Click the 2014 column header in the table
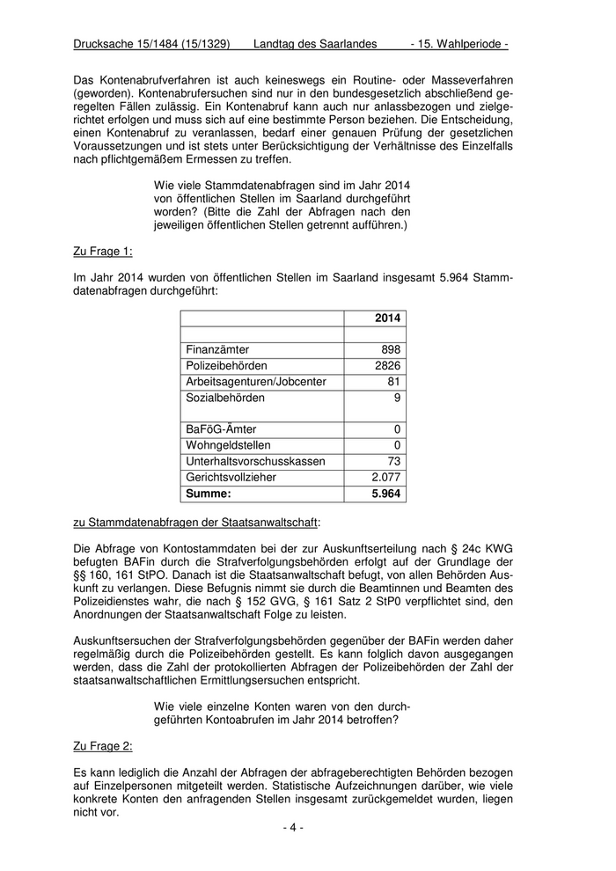click(386, 318)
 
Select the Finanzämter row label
click(217, 349)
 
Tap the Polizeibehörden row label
click(226, 365)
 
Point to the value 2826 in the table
click(386, 365)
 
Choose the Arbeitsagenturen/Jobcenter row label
click(255, 382)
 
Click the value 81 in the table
click(393, 382)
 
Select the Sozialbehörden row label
click(225, 398)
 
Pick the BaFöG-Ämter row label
click(221, 429)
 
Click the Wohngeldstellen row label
click(228, 445)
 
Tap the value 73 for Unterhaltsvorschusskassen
click(393, 461)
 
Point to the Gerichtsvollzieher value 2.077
click(385, 477)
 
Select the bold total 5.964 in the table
click(385, 494)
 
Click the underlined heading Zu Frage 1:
click(102, 252)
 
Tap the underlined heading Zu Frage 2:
click(102, 746)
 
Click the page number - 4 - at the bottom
click(293, 828)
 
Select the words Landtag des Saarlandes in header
click(314, 43)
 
